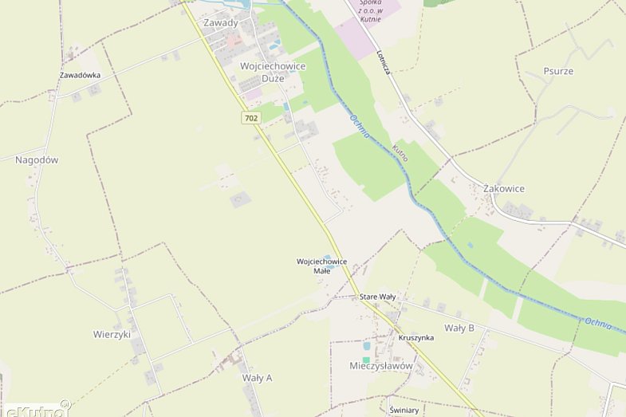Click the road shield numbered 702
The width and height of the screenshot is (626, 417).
click(x=251, y=118)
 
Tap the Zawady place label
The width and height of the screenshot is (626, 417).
click(x=221, y=22)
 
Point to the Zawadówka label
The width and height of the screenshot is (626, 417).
click(x=81, y=75)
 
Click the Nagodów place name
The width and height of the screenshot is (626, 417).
click(x=37, y=159)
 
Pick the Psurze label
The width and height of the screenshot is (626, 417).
click(x=558, y=71)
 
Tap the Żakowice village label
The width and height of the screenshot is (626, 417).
click(x=504, y=188)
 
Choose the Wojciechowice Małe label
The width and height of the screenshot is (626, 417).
click(x=321, y=266)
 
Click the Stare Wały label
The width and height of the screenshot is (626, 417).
click(x=377, y=297)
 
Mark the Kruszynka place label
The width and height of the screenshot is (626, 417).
click(x=415, y=337)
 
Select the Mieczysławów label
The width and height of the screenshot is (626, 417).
click(x=381, y=366)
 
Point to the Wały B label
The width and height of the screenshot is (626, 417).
click(x=459, y=328)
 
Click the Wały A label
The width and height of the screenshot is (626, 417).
click(x=257, y=377)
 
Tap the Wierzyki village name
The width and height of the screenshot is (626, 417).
click(x=112, y=334)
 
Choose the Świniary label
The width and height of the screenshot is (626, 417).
click(x=404, y=410)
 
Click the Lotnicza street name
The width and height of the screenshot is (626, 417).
click(x=383, y=63)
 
